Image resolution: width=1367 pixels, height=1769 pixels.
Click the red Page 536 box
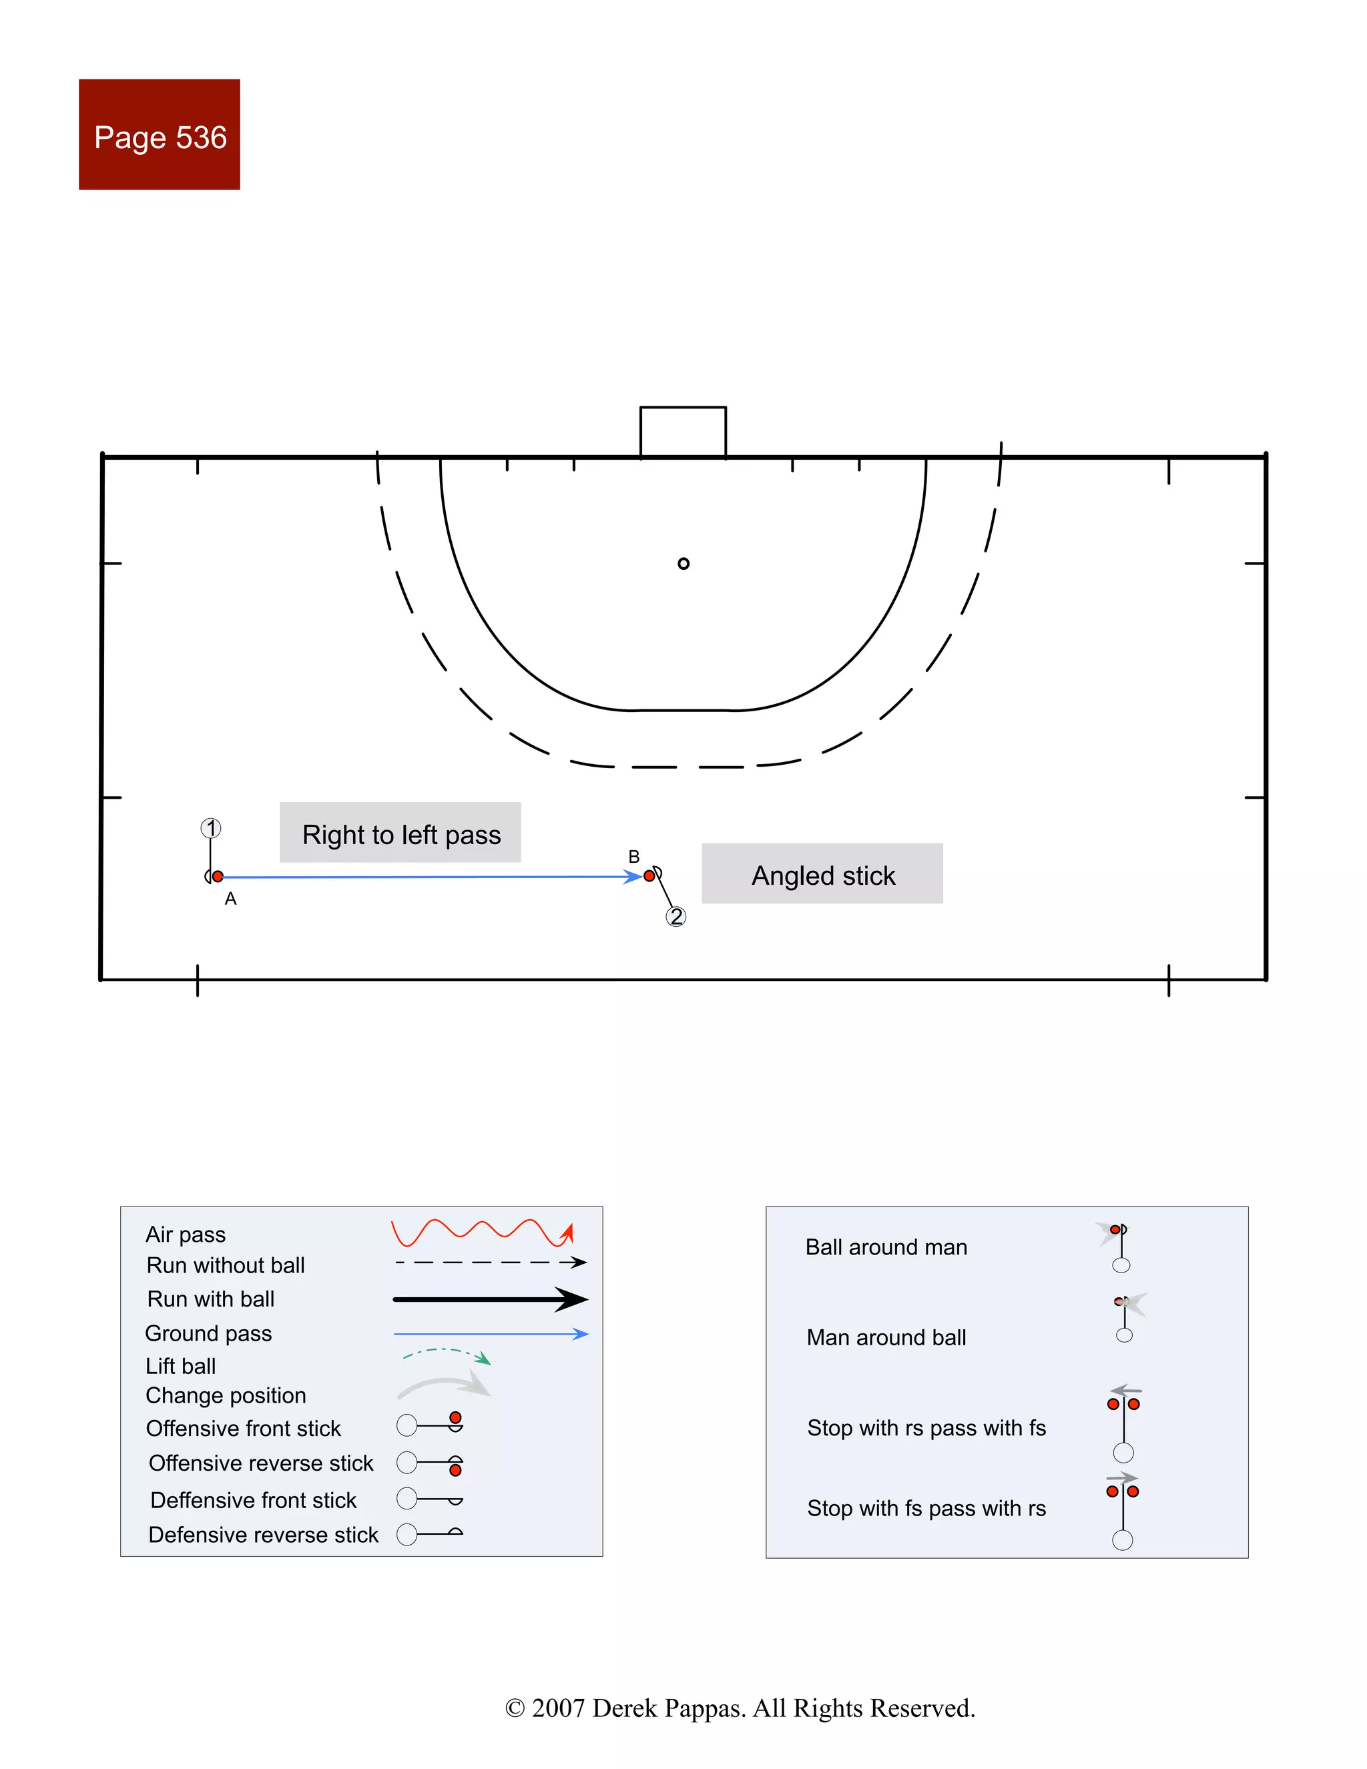[159, 134]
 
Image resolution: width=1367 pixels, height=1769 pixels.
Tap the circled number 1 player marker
[211, 828]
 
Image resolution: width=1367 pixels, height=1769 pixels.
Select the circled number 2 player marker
[675, 916]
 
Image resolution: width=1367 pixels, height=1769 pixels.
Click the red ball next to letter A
[218, 876]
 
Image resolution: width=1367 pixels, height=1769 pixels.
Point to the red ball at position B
[649, 876]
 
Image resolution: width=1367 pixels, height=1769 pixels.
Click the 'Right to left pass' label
[400, 833]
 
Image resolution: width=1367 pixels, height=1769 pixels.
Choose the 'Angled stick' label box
[822, 875]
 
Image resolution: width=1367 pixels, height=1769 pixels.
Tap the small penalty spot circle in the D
[683, 564]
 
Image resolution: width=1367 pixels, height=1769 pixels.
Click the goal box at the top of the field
[682, 432]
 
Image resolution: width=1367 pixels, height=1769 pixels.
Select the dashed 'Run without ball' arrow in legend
[490, 1263]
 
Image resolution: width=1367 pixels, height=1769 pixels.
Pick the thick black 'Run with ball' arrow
[490, 1299]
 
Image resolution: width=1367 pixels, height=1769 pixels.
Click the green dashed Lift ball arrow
[447, 1355]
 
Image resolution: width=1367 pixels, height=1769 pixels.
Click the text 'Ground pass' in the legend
[208, 1333]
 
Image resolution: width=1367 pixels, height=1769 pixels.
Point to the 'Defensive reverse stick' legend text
[264, 1535]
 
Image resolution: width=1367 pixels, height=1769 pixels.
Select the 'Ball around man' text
[886, 1247]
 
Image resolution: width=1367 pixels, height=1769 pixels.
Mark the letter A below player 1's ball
[231, 899]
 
